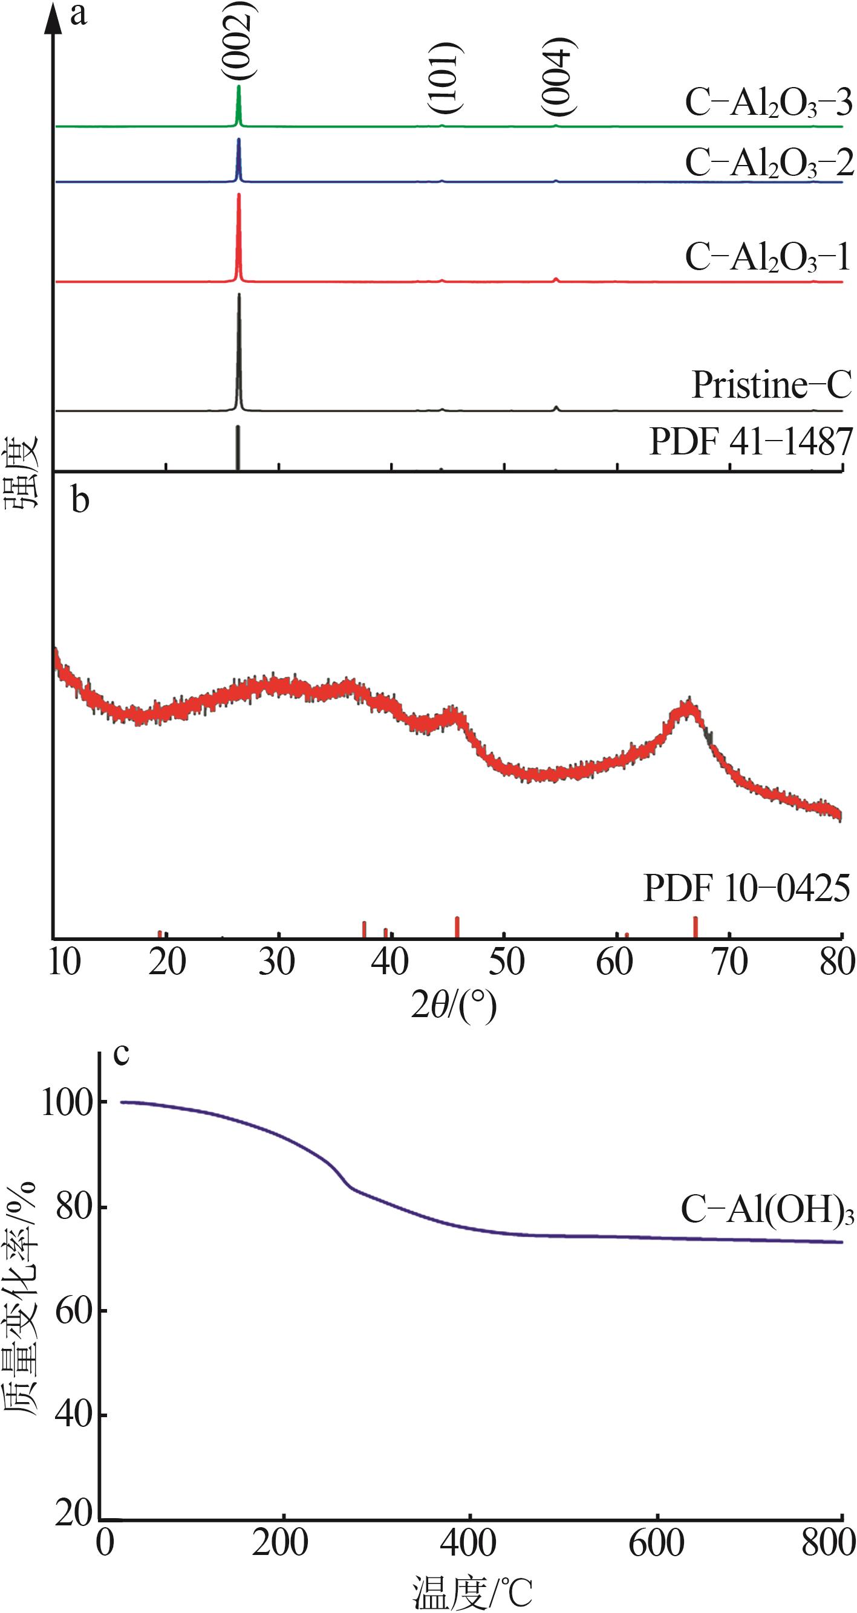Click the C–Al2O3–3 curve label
[x=768, y=103]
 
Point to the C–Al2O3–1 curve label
[x=767, y=257]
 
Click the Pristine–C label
[x=771, y=384]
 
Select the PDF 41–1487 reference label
[x=751, y=442]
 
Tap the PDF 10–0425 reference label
[x=746, y=888]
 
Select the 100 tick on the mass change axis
[x=67, y=1102]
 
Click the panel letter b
[x=80, y=501]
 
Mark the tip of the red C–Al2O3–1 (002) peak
[x=239, y=195]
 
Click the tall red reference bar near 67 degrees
[x=696, y=926]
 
